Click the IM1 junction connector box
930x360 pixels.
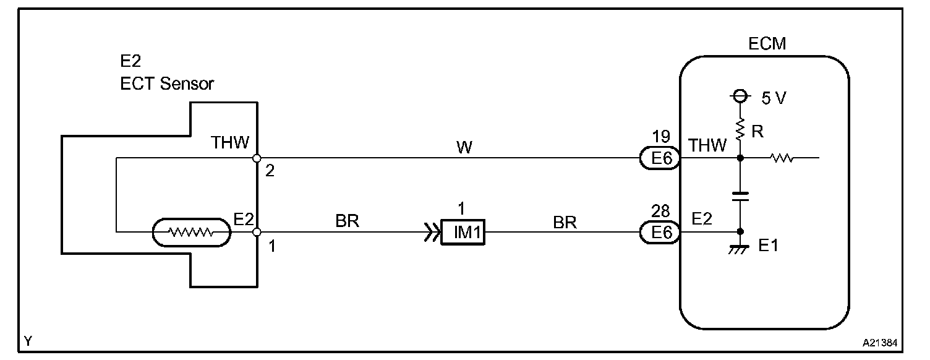pyautogui.click(x=463, y=234)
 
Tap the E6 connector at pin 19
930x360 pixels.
pyautogui.click(x=659, y=160)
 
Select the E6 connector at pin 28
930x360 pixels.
pyautogui.click(x=659, y=233)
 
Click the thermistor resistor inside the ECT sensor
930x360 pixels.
pyautogui.click(x=191, y=233)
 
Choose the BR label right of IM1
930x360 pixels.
pyautogui.click(x=565, y=222)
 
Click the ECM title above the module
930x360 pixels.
pyautogui.click(x=766, y=43)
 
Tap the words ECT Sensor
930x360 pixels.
pyautogui.click(x=167, y=84)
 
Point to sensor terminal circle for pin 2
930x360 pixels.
pyautogui.click(x=257, y=158)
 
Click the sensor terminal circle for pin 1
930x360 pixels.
pyautogui.click(x=257, y=233)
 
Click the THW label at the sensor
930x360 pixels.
pyautogui.click(x=230, y=144)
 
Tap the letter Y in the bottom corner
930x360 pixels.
pyautogui.click(x=28, y=341)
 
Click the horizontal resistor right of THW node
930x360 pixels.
pyautogui.click(x=782, y=159)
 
